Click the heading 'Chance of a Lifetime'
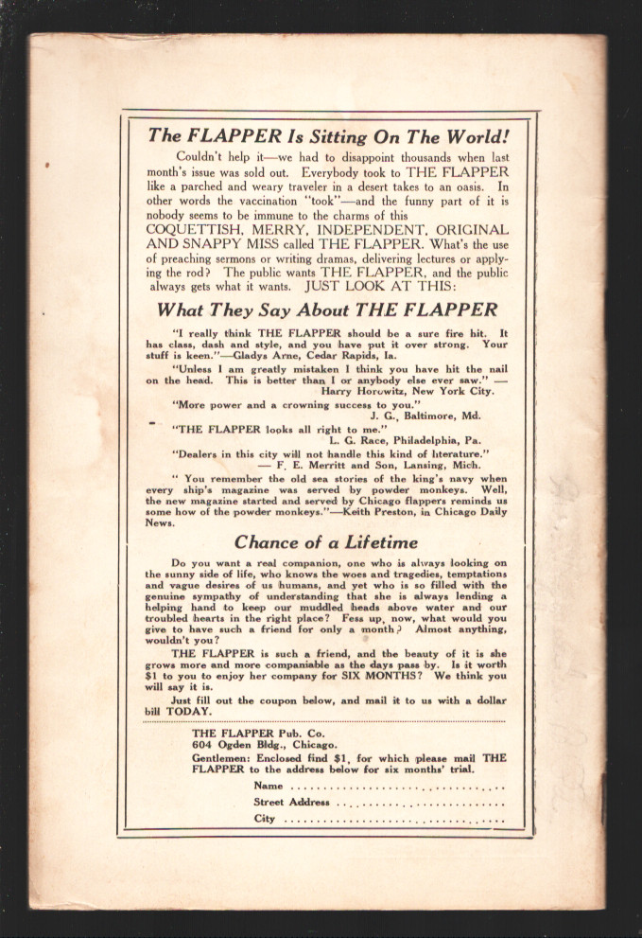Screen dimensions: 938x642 tap(326, 542)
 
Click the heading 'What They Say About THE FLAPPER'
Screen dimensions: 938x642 tap(326, 310)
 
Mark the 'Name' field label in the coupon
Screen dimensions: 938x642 tap(269, 786)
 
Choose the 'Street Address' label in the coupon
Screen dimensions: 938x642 tap(291, 802)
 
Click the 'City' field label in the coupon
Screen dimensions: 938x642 tap(264, 819)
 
